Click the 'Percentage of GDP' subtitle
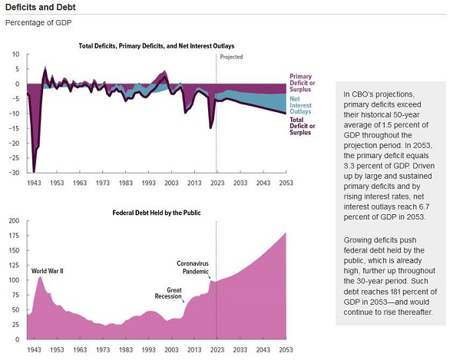pos(38,22)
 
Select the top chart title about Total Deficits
pos(157,46)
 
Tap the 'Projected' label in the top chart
pos(231,58)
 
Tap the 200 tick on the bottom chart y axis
pos(13,221)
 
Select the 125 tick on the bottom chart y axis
pos(13,266)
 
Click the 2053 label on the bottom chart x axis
pos(285,349)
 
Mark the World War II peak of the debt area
pos(41,277)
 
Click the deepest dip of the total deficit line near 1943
pos(34,170)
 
